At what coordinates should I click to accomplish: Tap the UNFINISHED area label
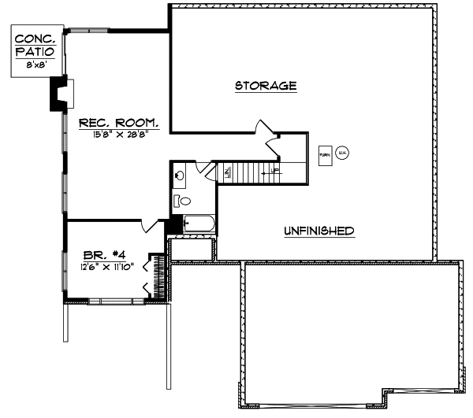(318, 231)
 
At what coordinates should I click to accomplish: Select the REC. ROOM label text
(119, 123)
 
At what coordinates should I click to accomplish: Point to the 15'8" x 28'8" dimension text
(119, 135)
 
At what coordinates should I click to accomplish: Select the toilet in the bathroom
(178, 201)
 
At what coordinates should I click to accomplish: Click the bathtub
(198, 225)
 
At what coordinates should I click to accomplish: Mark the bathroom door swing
(202, 167)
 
